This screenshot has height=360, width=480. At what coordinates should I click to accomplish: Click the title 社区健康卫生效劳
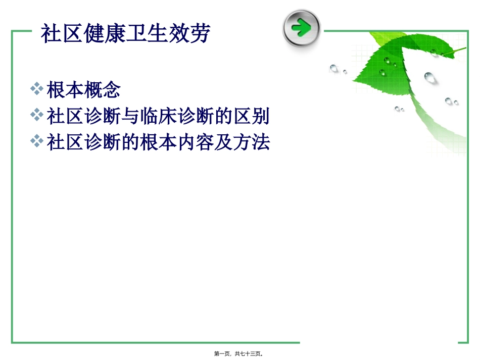click(125, 34)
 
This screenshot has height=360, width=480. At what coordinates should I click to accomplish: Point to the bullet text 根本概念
click(84, 90)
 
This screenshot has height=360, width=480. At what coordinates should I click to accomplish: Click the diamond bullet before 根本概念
click(36, 89)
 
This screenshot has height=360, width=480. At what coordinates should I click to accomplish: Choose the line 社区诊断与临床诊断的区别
click(158, 117)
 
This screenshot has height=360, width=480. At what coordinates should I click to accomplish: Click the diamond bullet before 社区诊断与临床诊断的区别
click(36, 116)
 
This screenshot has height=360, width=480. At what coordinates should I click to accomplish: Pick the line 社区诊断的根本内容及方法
click(158, 142)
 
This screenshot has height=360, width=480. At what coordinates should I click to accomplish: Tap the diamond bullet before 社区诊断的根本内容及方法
click(36, 141)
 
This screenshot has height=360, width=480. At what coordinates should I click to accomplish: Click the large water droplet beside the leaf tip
click(429, 77)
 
